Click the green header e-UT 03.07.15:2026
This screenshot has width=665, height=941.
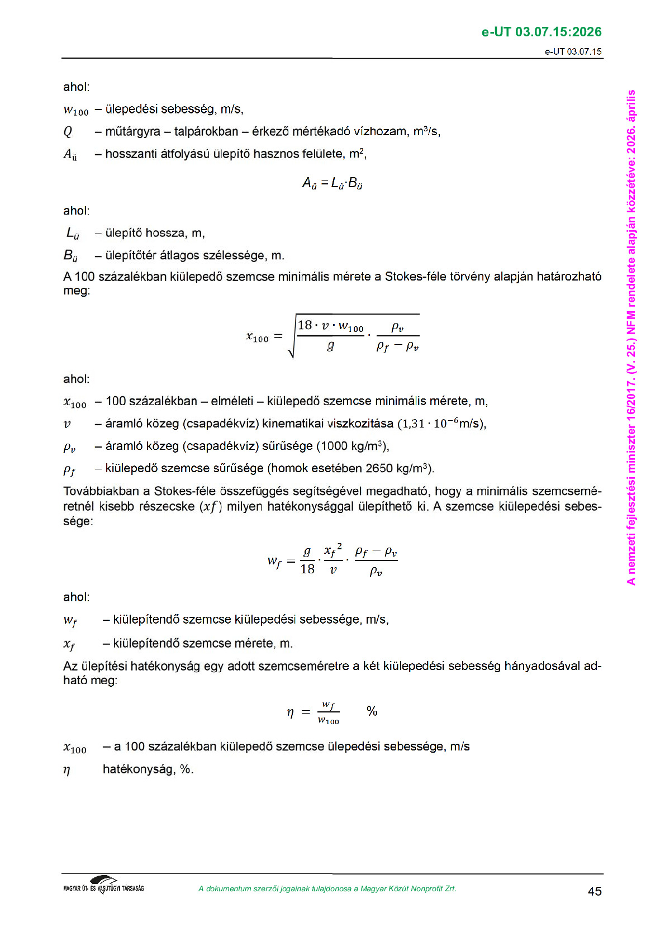[x=541, y=32]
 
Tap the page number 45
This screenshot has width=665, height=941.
[x=595, y=891]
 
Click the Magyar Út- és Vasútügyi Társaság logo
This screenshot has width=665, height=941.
[x=103, y=885]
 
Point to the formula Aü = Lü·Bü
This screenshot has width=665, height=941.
[x=332, y=183]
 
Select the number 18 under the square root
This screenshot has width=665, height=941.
[x=305, y=325]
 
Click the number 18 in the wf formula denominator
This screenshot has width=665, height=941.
[x=307, y=569]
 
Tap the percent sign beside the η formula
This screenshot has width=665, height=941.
[x=372, y=711]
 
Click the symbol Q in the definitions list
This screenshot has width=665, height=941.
[x=68, y=132]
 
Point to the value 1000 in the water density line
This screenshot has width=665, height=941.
[x=334, y=446]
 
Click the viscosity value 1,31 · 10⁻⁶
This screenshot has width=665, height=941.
[x=427, y=424]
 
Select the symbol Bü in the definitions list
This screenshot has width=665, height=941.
[x=70, y=256]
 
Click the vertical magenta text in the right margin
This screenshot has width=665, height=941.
[x=631, y=338]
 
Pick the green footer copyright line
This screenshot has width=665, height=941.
[x=327, y=889]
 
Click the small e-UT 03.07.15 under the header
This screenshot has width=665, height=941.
[x=573, y=52]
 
